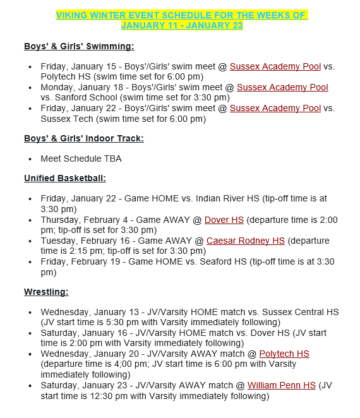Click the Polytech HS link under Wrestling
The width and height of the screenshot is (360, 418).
[284, 354]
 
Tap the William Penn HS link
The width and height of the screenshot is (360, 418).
[281, 385]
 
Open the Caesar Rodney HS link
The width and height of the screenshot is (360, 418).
[246, 241]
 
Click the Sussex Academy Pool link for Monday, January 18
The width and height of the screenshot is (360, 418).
[282, 87]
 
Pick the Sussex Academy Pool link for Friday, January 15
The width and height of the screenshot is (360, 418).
[275, 66]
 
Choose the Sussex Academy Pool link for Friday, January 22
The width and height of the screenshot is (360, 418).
[275, 108]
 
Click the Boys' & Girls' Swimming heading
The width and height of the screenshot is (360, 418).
[79, 46]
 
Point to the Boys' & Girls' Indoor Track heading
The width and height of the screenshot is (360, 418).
[83, 138]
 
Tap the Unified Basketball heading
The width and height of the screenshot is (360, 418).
[65, 179]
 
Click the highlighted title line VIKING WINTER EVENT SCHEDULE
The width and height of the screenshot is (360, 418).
[181, 15]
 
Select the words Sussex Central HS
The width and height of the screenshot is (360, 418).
[300, 312]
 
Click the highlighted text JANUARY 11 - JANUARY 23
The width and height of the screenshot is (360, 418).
[181, 25]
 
